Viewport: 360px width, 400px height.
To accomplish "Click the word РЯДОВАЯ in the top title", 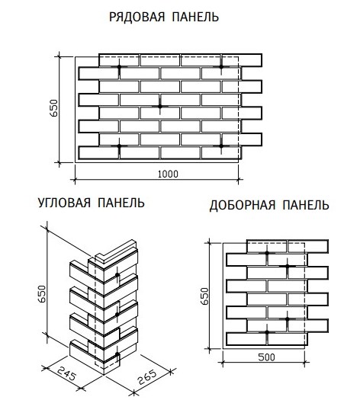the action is pyautogui.click(x=137, y=17).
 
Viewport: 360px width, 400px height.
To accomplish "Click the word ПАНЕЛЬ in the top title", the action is pyautogui.click(x=195, y=17).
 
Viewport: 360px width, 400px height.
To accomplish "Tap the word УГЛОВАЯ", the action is pyautogui.click(x=64, y=203).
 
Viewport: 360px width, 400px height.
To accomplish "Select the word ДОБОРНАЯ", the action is pyautogui.click(x=243, y=206).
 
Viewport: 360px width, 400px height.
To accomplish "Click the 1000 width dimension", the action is pyautogui.click(x=168, y=174).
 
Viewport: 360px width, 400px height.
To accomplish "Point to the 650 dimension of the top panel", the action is pyautogui.click(x=54, y=108).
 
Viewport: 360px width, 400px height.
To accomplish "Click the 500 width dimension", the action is pyautogui.click(x=266, y=357).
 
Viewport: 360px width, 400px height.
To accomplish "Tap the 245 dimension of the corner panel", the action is pyautogui.click(x=66, y=374).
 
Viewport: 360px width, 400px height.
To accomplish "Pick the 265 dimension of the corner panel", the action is pyautogui.click(x=147, y=377).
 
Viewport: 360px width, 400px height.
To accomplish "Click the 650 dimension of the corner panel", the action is pyautogui.click(x=42, y=293).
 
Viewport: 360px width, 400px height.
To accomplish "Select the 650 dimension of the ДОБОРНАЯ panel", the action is pyautogui.click(x=204, y=296).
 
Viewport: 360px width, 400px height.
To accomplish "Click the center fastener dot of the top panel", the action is pyautogui.click(x=160, y=106).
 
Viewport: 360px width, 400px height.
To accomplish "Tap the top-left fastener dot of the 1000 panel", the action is pyautogui.click(x=119, y=66).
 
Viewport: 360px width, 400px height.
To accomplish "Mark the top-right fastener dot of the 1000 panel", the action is pyautogui.click(x=221, y=66).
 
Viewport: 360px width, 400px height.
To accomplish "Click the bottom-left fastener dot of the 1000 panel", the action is pyautogui.click(x=119, y=146).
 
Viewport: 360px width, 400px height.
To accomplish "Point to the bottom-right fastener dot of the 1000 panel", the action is pyautogui.click(x=221, y=146).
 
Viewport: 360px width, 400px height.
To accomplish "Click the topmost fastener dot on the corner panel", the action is pyautogui.click(x=117, y=275).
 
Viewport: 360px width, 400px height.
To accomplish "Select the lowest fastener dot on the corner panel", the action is pyautogui.click(x=117, y=354).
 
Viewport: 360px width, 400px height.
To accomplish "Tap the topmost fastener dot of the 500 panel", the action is pyautogui.click(x=267, y=253).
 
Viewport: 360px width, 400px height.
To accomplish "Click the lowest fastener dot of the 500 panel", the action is pyautogui.click(x=267, y=332).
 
